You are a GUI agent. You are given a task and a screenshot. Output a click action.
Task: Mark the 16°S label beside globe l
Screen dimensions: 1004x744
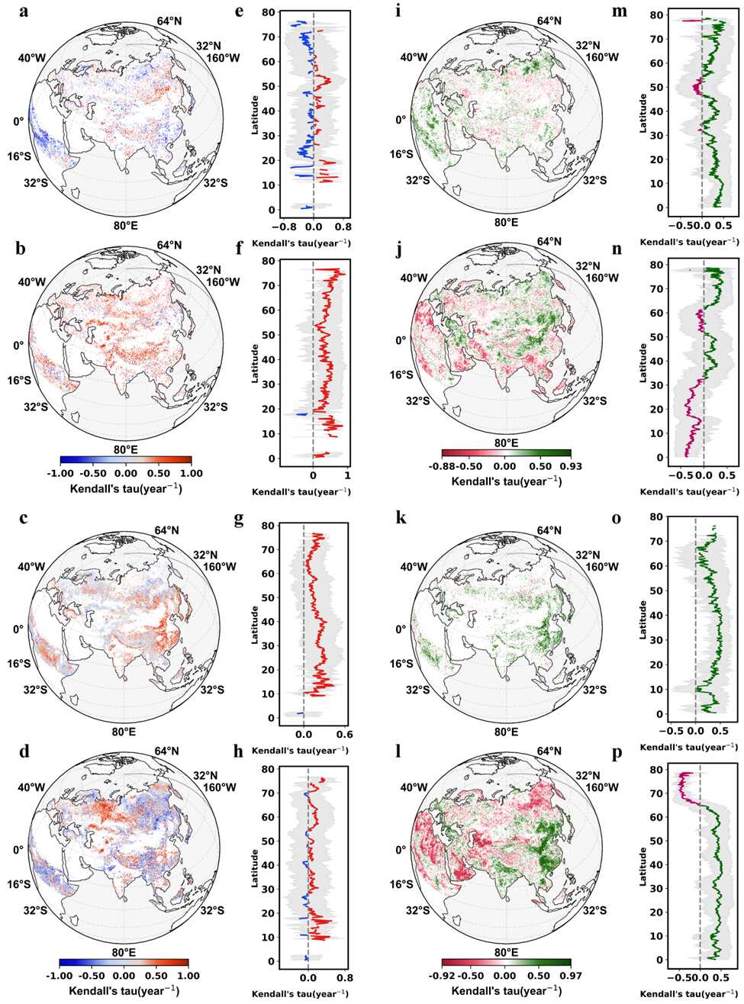401,884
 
